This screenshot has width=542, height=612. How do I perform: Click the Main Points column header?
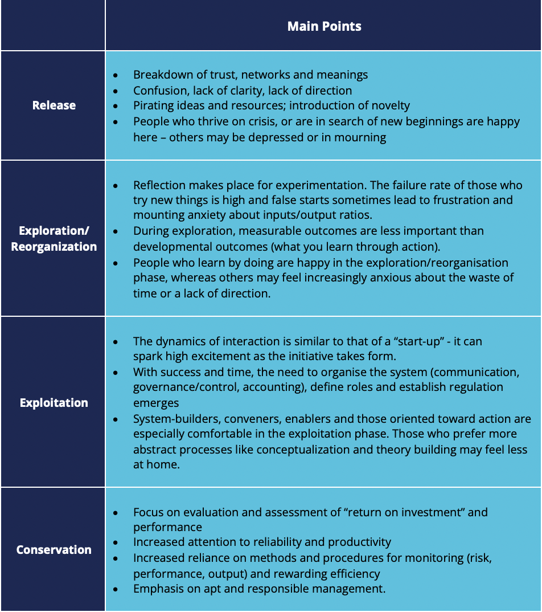324,26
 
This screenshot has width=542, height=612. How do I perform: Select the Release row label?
54,105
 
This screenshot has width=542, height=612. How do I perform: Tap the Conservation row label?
54,550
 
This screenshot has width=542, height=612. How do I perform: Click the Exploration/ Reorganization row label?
54,239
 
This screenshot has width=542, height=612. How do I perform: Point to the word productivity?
358,542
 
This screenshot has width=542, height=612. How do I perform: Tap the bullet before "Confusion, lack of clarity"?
116,91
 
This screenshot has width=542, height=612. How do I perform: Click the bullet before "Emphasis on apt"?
116,589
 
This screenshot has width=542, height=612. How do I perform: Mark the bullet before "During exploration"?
116,231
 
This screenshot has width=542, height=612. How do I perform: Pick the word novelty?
389,105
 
